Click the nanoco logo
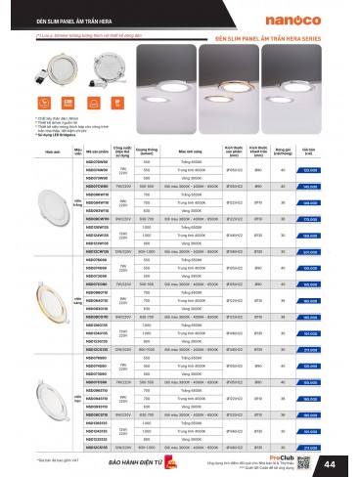pos(322,14)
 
